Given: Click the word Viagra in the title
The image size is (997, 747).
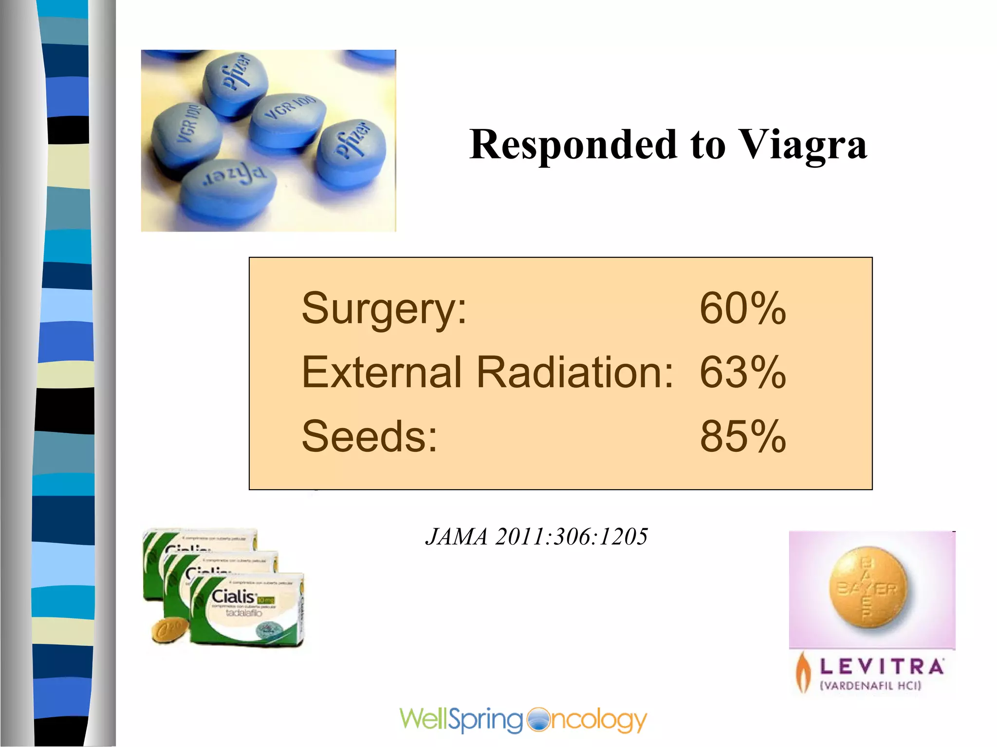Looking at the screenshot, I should (x=803, y=145).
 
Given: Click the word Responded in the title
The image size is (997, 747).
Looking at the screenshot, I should (x=573, y=145).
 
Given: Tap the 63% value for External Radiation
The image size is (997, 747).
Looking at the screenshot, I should (x=742, y=373).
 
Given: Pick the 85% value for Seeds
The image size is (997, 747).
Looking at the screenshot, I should (x=742, y=436).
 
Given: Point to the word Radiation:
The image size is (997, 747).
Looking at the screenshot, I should (x=574, y=373).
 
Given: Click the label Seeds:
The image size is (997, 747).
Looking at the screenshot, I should (x=369, y=436).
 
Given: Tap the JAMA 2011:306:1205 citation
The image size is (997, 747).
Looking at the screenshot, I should (x=536, y=537).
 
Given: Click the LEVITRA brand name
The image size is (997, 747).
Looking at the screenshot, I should (x=882, y=667).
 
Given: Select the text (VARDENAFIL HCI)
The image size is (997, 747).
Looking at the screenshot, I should (x=871, y=686).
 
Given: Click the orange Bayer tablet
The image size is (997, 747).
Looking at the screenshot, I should (x=868, y=587).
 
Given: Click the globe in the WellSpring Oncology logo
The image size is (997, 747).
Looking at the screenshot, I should (x=537, y=720).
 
